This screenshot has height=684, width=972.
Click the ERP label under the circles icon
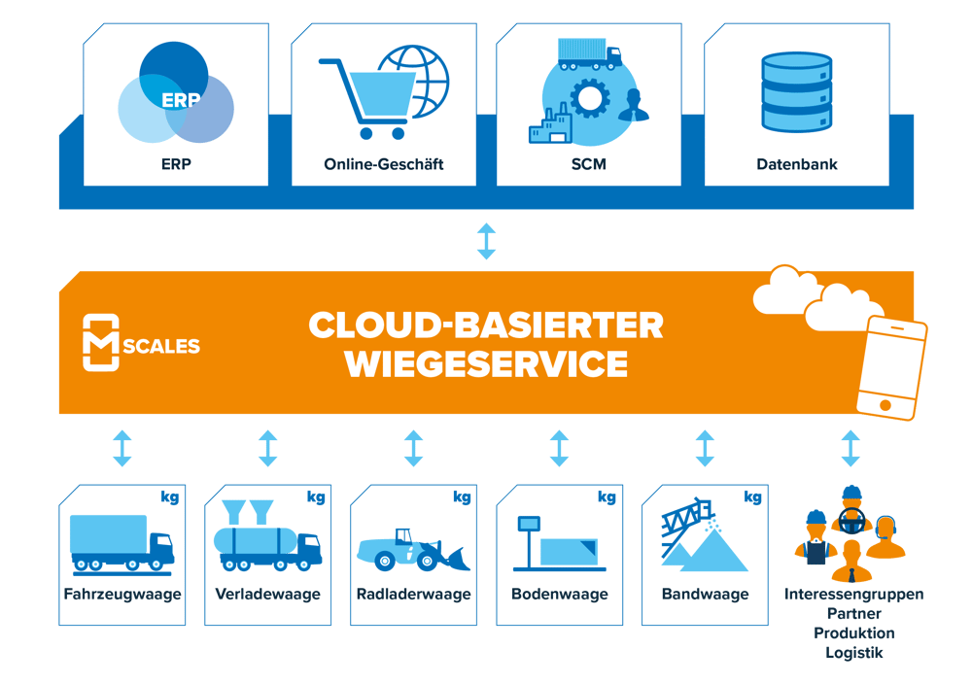176,164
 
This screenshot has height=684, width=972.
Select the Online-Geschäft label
384,164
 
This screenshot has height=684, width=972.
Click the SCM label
589,164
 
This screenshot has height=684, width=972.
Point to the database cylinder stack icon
797,92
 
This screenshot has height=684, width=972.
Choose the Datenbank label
797,164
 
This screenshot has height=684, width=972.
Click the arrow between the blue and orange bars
487,240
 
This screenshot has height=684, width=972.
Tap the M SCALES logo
142,343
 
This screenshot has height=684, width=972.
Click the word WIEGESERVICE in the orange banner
486,364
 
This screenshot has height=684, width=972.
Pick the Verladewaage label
267,594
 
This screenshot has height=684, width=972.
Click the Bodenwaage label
559,594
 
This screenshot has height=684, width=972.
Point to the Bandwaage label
705,594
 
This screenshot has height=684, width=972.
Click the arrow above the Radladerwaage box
413,449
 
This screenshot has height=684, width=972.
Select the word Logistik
854,653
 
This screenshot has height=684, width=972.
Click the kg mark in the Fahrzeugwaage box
170,497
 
